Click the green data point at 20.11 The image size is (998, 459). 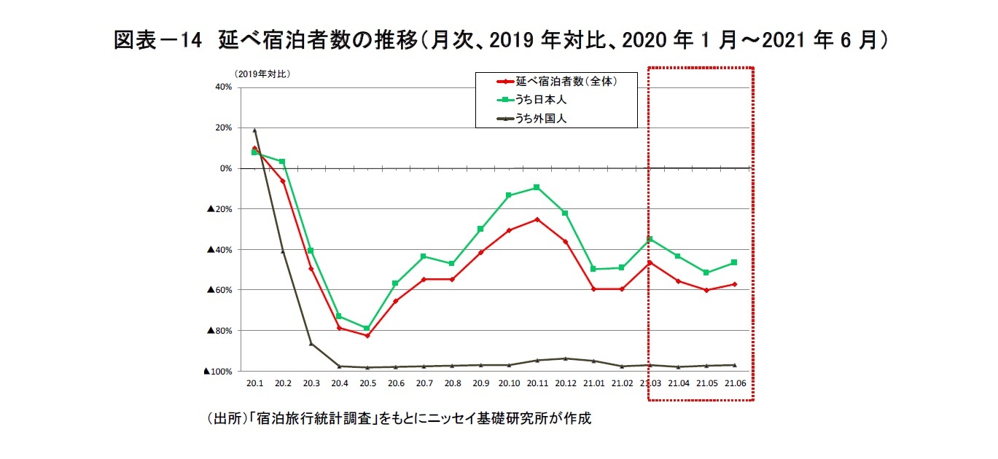tap(537, 187)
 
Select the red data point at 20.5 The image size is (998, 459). tap(367, 335)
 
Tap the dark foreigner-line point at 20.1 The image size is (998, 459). tap(254, 130)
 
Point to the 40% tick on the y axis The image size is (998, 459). tap(222, 87)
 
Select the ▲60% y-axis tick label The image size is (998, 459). tap(220, 290)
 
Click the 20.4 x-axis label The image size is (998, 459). tap(339, 383)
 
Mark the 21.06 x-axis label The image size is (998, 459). tap(734, 383)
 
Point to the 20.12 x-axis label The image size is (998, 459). tap(566, 383)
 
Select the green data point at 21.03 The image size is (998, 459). tap(650, 239)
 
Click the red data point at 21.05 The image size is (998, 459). tap(706, 290)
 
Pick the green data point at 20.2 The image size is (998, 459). tap(282, 162)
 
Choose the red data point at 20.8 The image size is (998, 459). tap(452, 279)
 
